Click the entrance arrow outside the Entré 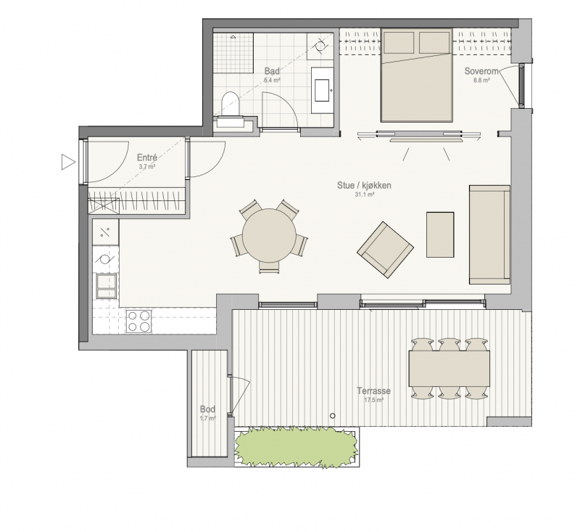[68, 162]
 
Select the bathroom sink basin [322, 90]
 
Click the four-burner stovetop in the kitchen [138, 322]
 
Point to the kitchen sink [106, 286]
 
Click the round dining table [269, 235]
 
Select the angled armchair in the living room [385, 250]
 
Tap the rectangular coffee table [440, 234]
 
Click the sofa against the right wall [489, 234]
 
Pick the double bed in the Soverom [417, 75]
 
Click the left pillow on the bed [399, 43]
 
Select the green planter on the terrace [297, 446]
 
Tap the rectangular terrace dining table [449, 369]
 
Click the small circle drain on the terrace [333, 416]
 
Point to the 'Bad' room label [272, 71]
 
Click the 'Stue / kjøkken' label [364, 185]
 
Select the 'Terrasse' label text [373, 391]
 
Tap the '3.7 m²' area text [147, 167]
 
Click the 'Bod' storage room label [207, 409]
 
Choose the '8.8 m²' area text [481, 80]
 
